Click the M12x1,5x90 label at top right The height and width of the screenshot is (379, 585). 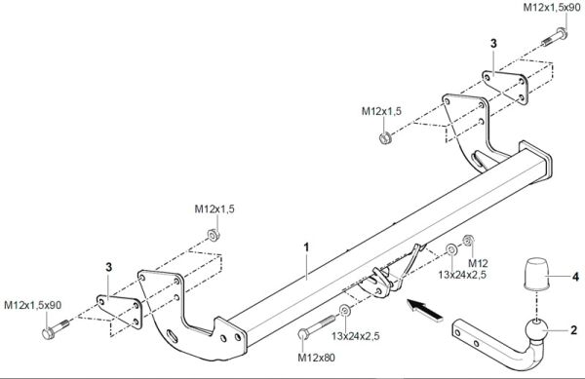[552, 8]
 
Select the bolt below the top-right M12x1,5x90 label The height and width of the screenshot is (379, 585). [555, 38]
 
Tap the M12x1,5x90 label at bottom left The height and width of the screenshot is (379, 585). [32, 305]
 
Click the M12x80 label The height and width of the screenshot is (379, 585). [316, 358]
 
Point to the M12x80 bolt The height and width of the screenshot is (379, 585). [317, 327]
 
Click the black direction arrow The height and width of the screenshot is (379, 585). [425, 310]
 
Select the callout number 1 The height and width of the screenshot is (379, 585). [307, 247]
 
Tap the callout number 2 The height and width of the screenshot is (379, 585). [574, 330]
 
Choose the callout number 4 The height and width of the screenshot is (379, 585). [575, 277]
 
